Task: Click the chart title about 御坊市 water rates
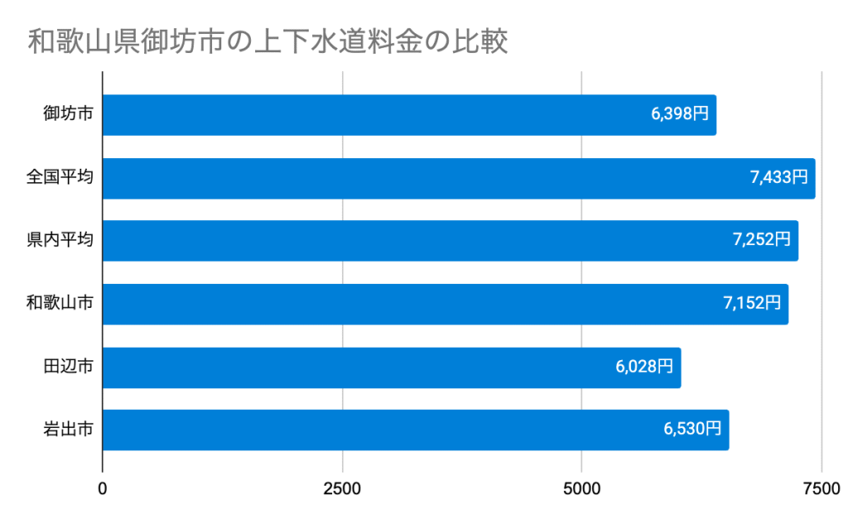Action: [267, 42]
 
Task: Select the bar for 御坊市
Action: [409, 115]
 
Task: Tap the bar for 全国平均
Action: [459, 178]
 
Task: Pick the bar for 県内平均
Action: [450, 241]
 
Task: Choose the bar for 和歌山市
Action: [445, 304]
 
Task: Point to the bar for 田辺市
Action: [391, 367]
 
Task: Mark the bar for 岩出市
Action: [415, 430]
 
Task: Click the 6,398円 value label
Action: [680, 115]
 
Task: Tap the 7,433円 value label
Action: [778, 177]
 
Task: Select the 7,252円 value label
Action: [761, 240]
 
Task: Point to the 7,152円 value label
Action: [752, 303]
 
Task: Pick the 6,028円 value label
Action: [644, 367]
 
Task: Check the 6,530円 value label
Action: [692, 430]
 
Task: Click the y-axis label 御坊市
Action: [68, 115]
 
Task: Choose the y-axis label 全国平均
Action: [60, 178]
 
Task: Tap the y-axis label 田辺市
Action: [68, 367]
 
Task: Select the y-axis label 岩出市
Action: [68, 430]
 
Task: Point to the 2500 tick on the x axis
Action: [342, 489]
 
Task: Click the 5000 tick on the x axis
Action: [581, 489]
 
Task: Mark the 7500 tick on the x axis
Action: [821, 489]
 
